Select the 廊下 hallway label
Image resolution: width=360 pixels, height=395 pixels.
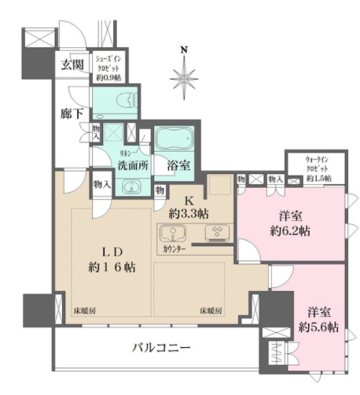point(72,114)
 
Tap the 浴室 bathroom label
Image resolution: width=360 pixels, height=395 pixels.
point(178,166)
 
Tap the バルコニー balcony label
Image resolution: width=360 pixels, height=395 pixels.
point(160,347)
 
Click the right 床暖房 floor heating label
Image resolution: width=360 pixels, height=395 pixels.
point(211,311)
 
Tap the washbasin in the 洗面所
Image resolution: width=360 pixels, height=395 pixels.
point(131,186)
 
